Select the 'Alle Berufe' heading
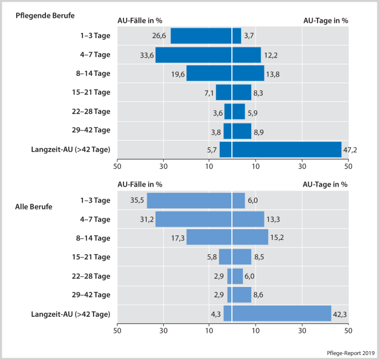(34, 207)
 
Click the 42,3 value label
(340, 314)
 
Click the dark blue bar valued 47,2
(287, 150)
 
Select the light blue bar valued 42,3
(282, 313)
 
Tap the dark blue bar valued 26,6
(201, 36)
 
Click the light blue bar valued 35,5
(189, 200)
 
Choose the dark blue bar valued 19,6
(209, 74)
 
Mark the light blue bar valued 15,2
(250, 238)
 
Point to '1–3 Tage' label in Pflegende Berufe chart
(95, 36)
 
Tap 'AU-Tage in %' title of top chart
(326, 20)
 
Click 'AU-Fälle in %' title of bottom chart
(140, 184)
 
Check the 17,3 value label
(178, 238)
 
